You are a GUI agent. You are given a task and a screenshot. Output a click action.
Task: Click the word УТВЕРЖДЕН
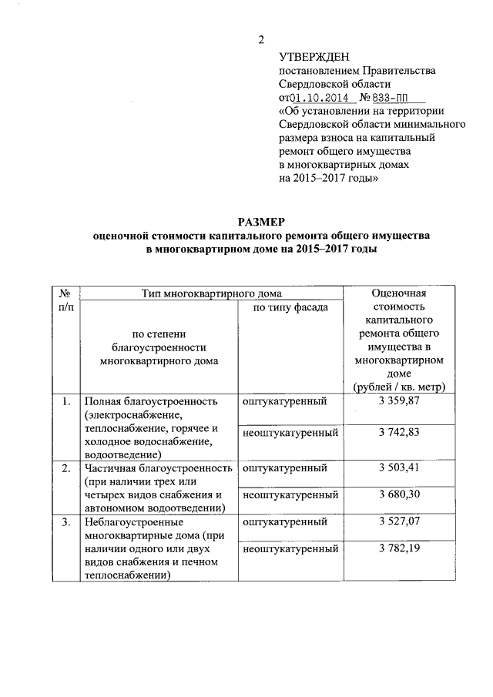pos(314,57)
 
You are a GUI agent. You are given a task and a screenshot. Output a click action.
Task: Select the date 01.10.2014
pos(317,98)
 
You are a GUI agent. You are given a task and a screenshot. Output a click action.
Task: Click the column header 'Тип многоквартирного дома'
pos(211,293)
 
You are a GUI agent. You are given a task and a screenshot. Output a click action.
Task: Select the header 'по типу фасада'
pos(285,307)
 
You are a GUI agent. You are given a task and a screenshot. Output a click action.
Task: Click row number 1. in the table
pos(66,401)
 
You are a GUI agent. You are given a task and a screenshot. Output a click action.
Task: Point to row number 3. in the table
pos(66,522)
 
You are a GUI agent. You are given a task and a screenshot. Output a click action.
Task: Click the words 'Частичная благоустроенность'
pos(159,467)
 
